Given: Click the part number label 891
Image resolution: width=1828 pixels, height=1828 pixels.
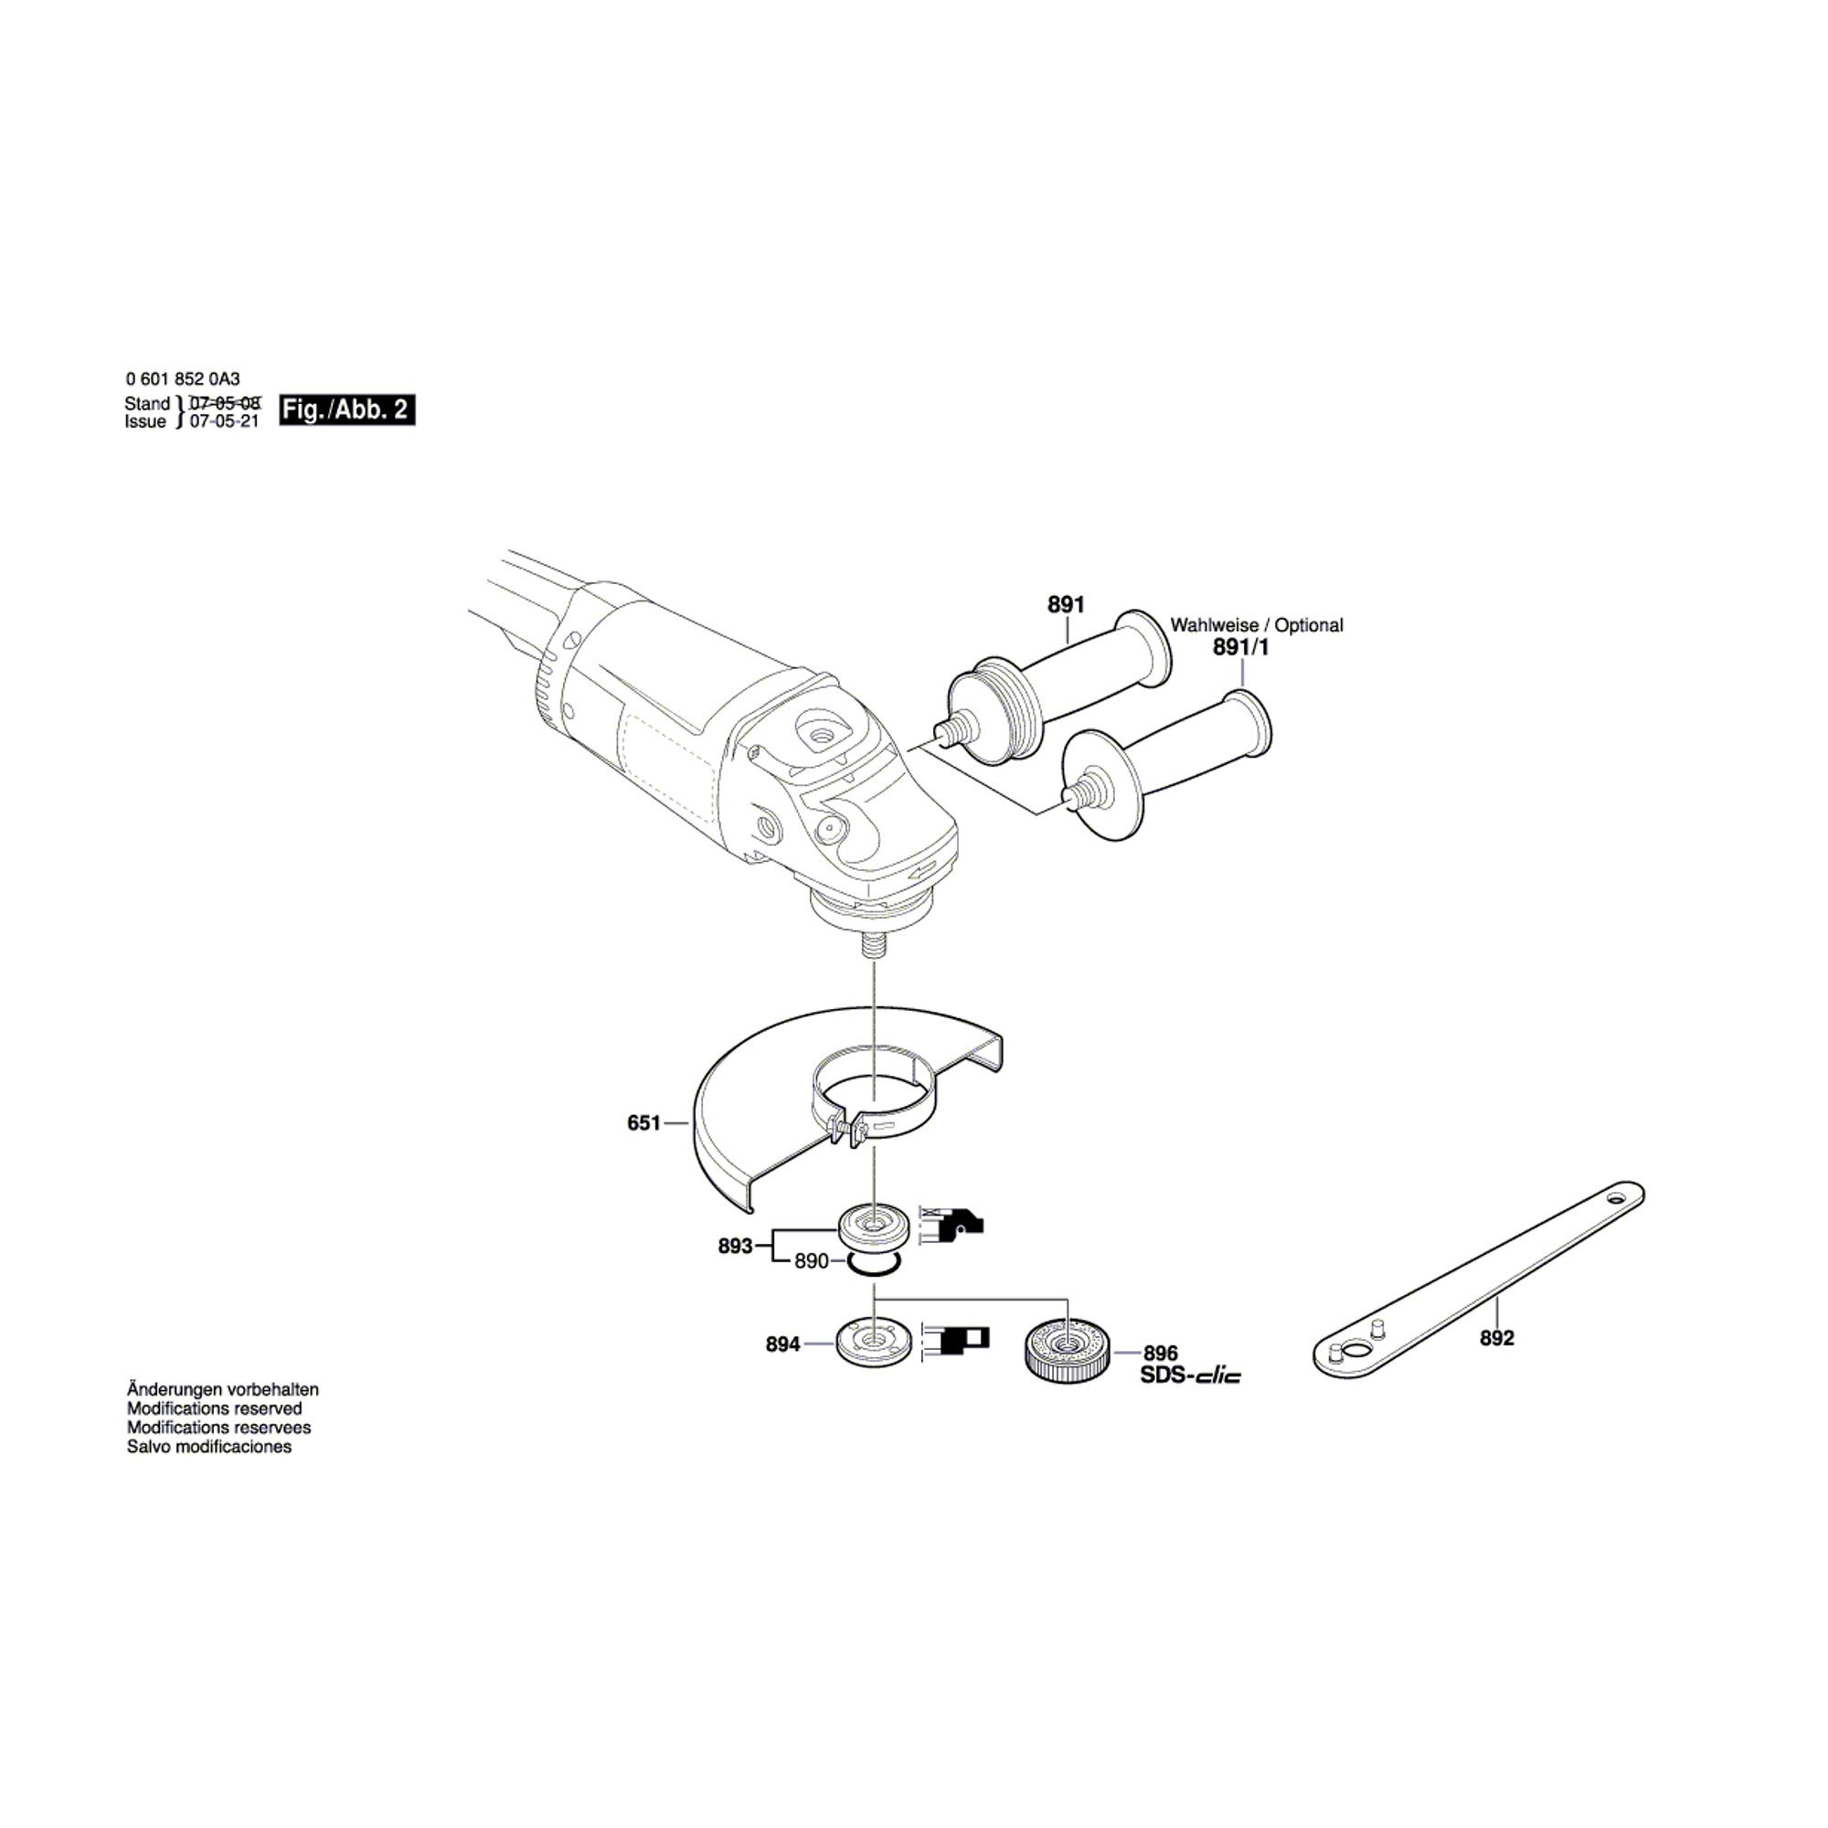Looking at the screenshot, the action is pos(1066,603).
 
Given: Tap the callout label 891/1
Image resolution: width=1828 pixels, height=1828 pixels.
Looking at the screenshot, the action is pos(1240,647).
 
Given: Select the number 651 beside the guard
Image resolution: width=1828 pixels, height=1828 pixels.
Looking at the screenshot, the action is pos(643,1123).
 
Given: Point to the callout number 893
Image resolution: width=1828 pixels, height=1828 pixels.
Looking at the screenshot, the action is pos(735,1246).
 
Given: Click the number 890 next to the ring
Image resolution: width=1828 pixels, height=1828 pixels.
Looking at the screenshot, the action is pos(812,1261).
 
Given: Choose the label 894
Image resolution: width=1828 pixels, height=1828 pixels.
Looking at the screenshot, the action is pos(782,1344).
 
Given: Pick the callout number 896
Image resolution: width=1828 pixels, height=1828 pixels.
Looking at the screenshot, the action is pos(1161,1353).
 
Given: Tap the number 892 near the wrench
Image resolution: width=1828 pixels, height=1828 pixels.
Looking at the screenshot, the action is pos(1497,1338).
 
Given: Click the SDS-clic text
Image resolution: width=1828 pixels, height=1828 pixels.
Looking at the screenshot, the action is pos(1190,1376).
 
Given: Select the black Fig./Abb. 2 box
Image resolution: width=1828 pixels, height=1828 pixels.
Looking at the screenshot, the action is pos(346,410).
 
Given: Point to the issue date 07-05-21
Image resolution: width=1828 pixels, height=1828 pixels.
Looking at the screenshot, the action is pos(224,422).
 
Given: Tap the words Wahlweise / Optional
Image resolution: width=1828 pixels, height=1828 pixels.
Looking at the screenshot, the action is pos(1257,625).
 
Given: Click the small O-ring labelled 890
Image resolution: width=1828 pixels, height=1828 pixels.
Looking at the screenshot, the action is pos(872,1265).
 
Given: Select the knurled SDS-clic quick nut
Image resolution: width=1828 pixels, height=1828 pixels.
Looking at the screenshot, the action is pos(1067,1350).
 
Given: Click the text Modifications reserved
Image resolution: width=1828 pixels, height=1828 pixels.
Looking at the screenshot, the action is pos(215,1408).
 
